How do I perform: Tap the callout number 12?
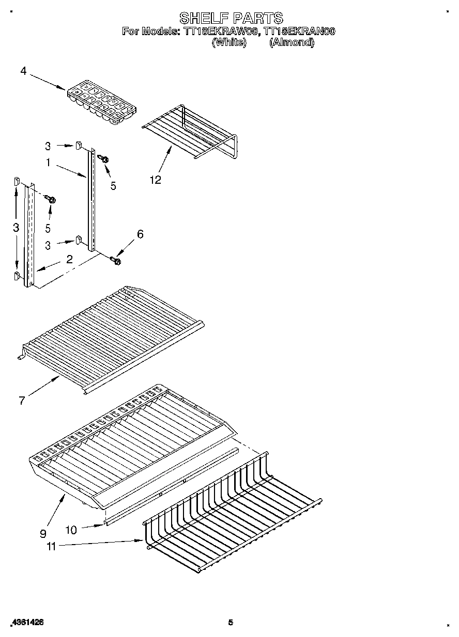tap(155, 180)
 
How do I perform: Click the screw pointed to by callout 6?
tap(115, 261)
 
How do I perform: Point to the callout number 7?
tap(22, 400)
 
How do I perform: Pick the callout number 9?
tap(42, 533)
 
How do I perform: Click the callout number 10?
tap(71, 530)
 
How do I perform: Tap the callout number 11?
tap(51, 546)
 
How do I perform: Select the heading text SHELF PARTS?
tap(231, 18)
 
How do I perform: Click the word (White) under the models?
tap(229, 42)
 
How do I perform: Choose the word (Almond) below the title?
tap(292, 42)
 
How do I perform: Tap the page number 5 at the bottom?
tap(231, 623)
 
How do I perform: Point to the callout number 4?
tap(23, 71)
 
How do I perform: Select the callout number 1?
tap(48, 163)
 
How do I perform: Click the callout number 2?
tap(69, 259)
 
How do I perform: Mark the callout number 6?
tap(140, 234)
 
